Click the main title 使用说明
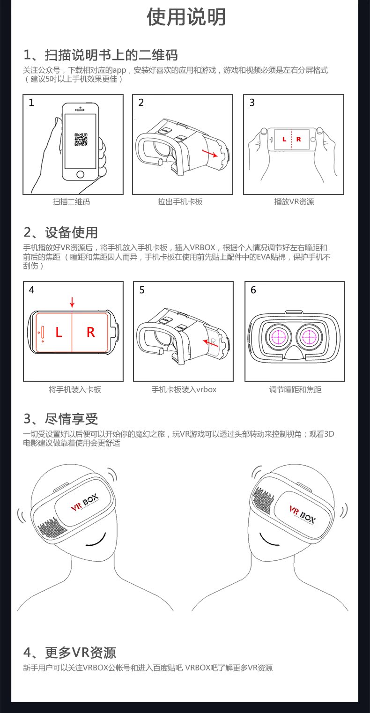[x=186, y=17]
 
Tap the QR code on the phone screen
[x=81, y=140]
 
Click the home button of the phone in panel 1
[x=81, y=174]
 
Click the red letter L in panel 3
[x=284, y=139]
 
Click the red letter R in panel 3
[x=299, y=139]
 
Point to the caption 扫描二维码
[x=71, y=202]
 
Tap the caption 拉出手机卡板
[x=180, y=202]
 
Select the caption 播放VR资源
[x=294, y=202]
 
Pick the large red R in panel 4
[x=91, y=332]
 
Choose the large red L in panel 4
[x=59, y=333]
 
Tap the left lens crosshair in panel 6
[x=277, y=335]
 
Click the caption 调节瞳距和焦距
[x=295, y=389]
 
